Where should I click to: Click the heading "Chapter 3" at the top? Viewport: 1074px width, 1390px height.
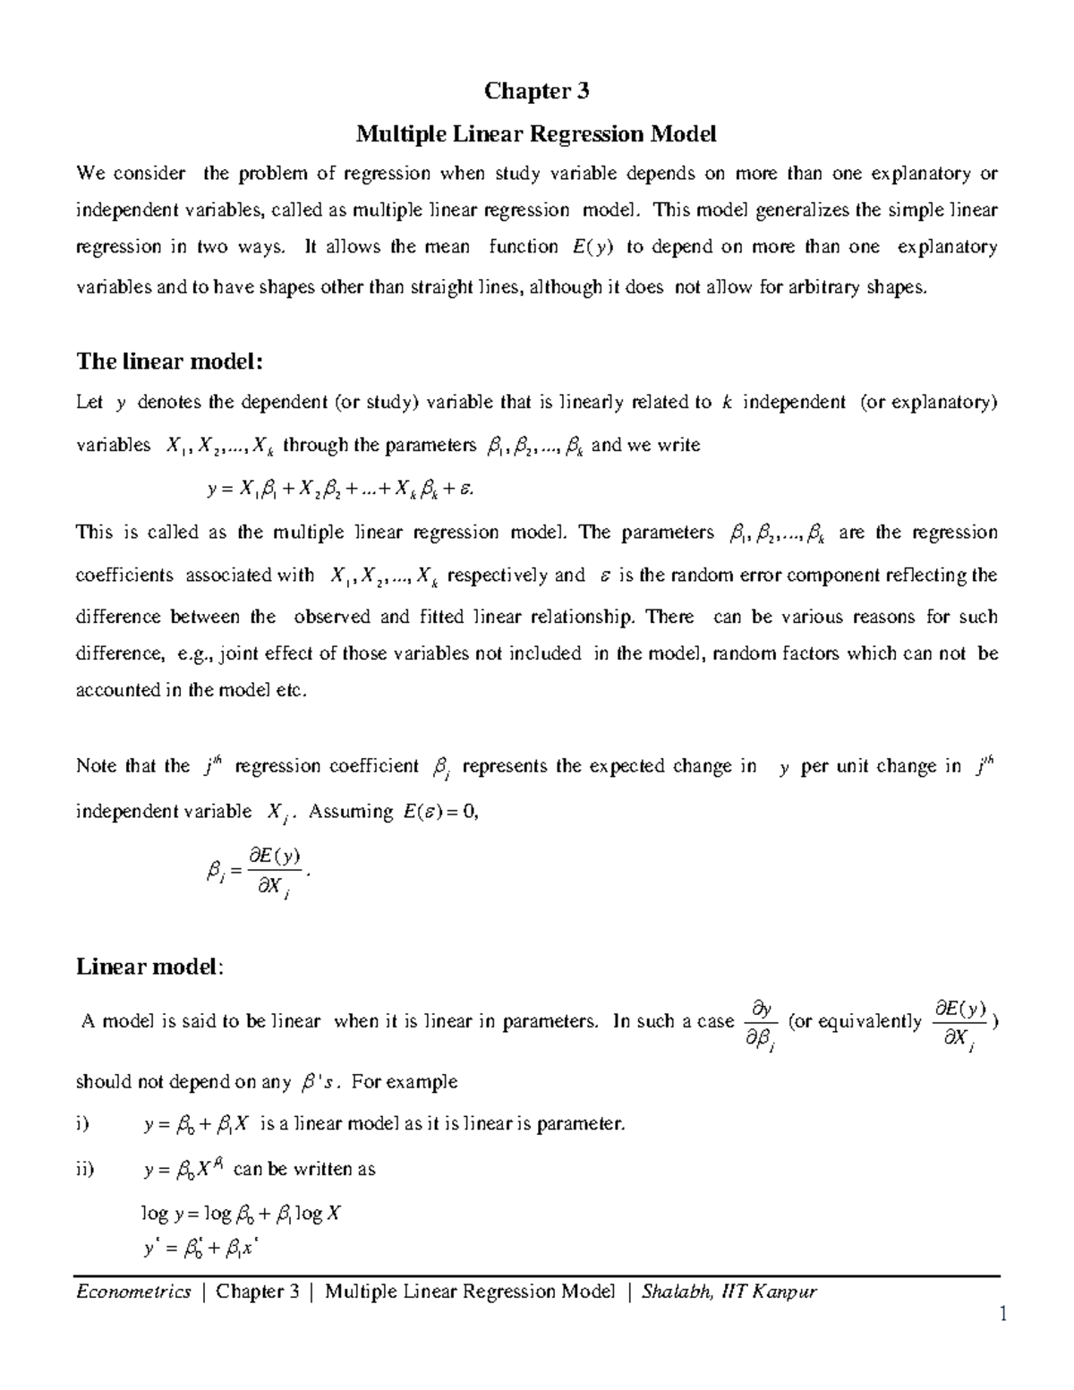tap(537, 91)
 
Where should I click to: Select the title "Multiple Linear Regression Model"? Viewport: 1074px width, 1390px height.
tap(537, 134)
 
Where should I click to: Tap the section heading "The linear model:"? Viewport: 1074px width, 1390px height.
tap(170, 362)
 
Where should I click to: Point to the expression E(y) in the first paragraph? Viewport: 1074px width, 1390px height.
tap(591, 247)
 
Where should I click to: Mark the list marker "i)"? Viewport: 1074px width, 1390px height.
tap(83, 1125)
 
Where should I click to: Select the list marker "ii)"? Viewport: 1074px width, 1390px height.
tap(86, 1169)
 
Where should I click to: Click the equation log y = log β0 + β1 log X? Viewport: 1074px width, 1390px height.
tap(242, 1214)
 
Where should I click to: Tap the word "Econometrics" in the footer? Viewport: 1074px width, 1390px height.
tap(134, 1291)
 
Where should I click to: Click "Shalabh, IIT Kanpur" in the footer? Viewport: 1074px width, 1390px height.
tap(729, 1291)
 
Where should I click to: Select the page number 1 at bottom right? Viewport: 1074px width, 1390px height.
tap(1004, 1314)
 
